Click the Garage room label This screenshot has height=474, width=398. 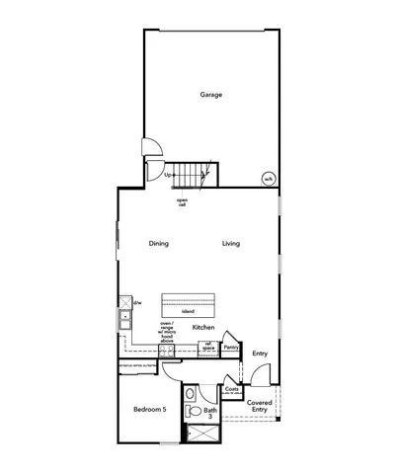210,95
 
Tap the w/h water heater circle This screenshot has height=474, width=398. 268,179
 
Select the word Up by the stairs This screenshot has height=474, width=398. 168,175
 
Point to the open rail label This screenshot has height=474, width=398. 183,202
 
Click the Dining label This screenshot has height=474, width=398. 159,243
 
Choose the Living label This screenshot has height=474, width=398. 230,243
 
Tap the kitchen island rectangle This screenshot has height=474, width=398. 188,300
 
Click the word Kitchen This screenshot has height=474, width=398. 203,327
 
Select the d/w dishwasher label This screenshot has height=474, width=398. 137,302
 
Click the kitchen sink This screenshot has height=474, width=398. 126,319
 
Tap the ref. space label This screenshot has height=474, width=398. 209,346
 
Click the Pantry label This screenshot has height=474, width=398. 231,348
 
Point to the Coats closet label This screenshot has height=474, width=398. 232,390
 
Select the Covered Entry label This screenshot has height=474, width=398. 260,406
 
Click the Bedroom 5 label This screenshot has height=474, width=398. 152,408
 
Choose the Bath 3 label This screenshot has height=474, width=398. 210,414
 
